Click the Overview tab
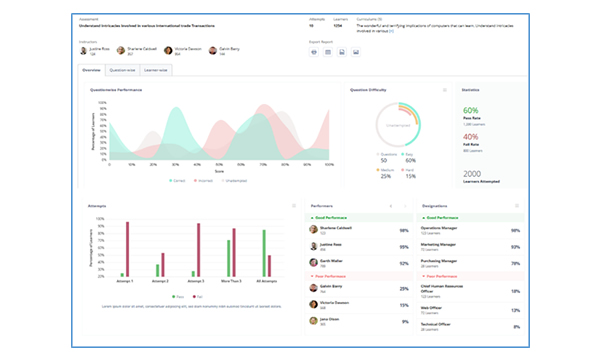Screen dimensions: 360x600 [90, 71]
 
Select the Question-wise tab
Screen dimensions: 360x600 [123, 71]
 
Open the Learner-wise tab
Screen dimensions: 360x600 [157, 71]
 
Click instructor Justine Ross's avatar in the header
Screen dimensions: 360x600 [85, 49]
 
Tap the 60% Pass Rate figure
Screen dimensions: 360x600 [471, 111]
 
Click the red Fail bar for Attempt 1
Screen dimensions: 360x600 [127, 250]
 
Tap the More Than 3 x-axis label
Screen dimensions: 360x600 [233, 282]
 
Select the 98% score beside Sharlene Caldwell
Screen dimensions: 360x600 [403, 230]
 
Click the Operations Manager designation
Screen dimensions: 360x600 [447, 227]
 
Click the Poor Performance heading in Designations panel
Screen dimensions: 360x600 [447, 276]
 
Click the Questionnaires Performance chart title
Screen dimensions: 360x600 [116, 90]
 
